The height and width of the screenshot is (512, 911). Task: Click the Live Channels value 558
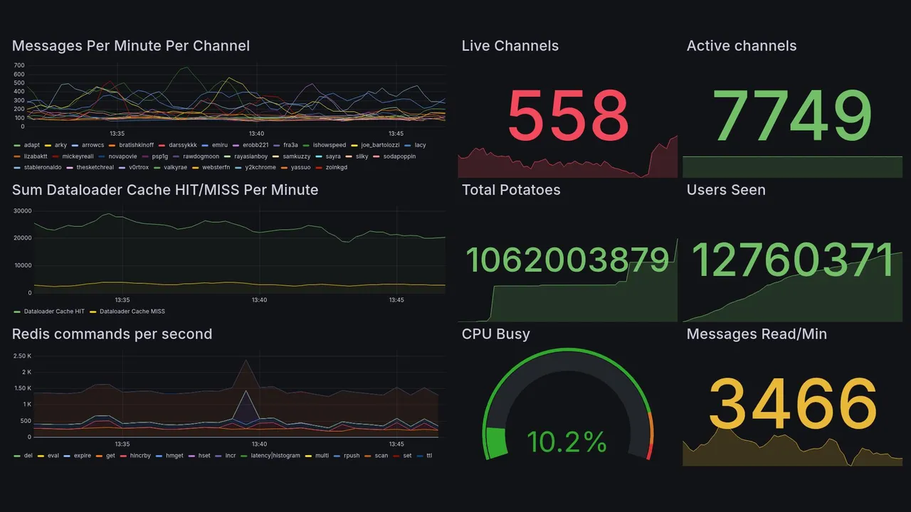(x=568, y=115)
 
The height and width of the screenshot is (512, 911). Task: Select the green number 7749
(x=793, y=115)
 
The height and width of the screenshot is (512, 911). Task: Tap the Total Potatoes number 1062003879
(x=567, y=260)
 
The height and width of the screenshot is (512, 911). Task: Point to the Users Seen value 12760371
(x=793, y=260)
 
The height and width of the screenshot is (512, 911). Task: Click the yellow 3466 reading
(x=793, y=404)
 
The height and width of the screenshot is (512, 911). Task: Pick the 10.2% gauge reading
(x=567, y=442)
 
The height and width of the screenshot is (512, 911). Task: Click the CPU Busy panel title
(x=496, y=334)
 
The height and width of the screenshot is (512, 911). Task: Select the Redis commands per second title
(x=112, y=334)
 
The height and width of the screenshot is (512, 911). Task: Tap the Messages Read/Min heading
(x=757, y=334)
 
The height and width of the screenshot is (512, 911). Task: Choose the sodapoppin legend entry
(x=399, y=156)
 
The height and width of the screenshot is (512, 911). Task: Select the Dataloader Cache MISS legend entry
(x=132, y=311)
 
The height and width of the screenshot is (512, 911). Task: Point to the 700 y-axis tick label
(x=19, y=65)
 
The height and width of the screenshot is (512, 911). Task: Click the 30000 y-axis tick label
(x=23, y=211)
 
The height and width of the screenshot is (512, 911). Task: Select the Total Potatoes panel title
(x=511, y=190)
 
